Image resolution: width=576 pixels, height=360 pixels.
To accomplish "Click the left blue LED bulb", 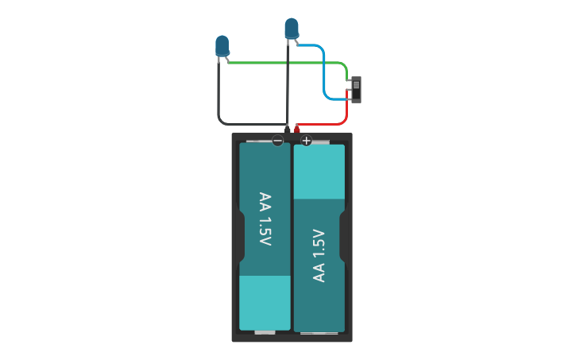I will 222,45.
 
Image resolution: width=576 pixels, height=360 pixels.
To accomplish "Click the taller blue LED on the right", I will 292,28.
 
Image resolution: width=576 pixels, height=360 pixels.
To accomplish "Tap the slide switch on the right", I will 356,89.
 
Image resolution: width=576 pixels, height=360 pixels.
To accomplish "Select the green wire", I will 286,63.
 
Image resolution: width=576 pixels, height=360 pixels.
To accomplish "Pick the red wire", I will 326,124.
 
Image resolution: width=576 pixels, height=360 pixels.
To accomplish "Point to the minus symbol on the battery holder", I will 277,141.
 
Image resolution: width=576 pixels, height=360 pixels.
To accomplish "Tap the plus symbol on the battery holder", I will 306,141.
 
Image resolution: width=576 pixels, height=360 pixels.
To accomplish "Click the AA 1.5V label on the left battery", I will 265,219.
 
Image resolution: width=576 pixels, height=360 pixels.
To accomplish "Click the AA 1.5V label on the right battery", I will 319,255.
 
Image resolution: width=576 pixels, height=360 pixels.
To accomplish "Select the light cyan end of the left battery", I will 265,302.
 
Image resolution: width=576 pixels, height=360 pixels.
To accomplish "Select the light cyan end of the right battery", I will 319,172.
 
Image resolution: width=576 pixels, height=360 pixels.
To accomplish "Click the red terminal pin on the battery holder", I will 297,129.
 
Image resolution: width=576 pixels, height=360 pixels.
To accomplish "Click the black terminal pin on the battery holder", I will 287,129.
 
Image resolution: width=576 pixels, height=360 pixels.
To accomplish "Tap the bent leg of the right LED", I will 296,42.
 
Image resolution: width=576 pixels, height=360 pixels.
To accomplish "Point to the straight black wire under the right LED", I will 287,87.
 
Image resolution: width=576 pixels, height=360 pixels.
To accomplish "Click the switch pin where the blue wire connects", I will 349,98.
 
